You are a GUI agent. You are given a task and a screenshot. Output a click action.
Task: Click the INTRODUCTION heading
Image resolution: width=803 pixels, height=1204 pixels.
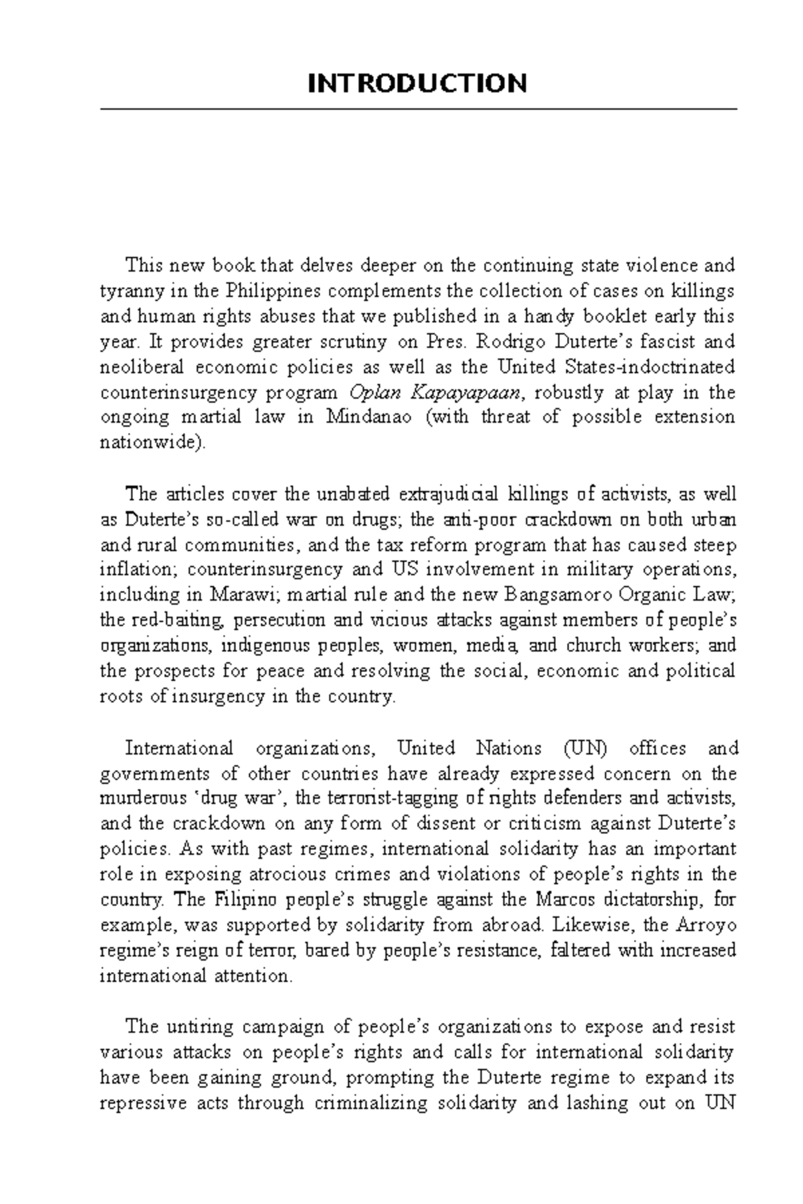pos(417,84)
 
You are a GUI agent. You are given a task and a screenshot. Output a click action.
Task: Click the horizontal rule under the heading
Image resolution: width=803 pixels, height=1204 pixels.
pos(418,109)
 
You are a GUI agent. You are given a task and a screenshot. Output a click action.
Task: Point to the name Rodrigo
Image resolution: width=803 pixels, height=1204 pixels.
pos(511,342)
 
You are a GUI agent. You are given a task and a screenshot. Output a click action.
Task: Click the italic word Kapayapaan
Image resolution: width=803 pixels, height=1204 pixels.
pos(466,393)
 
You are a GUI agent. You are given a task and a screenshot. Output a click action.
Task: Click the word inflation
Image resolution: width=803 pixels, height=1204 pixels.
pos(138,570)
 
